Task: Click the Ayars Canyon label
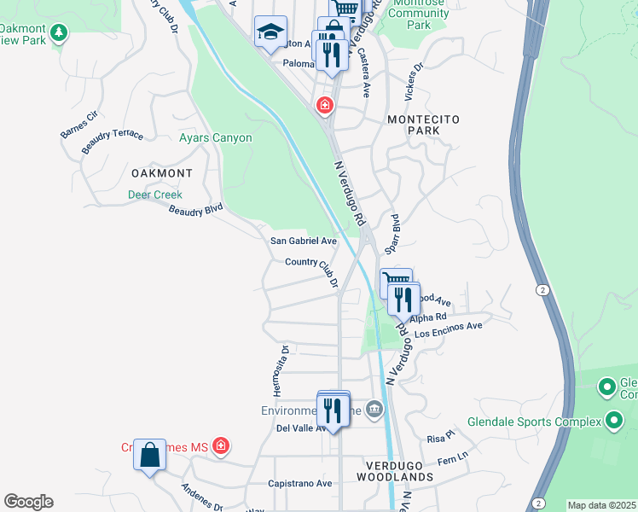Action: [x=215, y=137]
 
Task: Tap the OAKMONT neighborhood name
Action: [x=161, y=172]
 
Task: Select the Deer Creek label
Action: [x=155, y=195]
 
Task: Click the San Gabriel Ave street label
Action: [x=304, y=241]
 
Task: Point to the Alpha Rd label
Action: [x=428, y=317]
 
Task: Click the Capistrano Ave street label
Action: [x=299, y=483]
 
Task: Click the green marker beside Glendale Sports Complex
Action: [x=614, y=420]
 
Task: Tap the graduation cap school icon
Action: [x=270, y=32]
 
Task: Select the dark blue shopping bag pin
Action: [x=150, y=454]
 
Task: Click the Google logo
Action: [x=28, y=502]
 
